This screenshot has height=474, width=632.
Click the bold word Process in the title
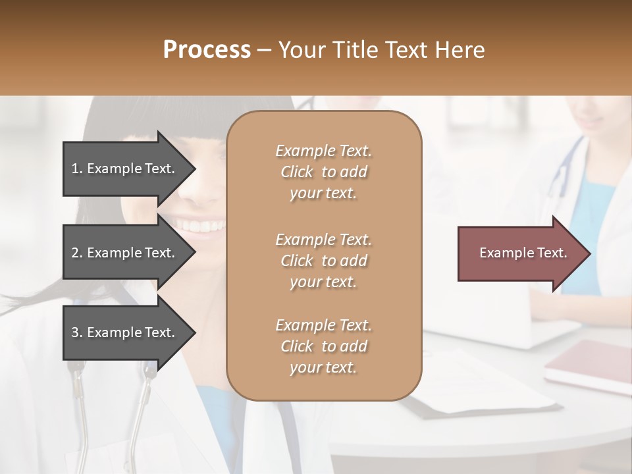coord(207,50)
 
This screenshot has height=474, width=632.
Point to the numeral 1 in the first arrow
coord(75,169)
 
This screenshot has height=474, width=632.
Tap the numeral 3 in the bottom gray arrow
coord(75,332)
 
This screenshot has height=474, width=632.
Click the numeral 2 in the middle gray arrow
coord(75,253)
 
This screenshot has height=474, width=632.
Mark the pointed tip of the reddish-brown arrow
coord(589,253)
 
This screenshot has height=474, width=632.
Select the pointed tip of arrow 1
coord(194,169)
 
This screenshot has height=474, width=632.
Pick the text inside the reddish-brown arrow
coord(523,253)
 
